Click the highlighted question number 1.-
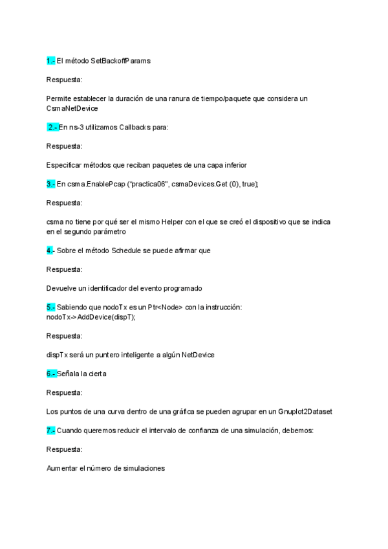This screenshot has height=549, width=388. click(x=51, y=60)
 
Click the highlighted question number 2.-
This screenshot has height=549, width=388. click(x=52, y=127)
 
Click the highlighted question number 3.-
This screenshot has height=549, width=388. click(x=51, y=184)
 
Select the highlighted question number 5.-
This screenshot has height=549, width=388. click(x=51, y=307)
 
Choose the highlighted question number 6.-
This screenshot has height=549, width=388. click(x=51, y=374)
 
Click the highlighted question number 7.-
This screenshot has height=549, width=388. click(x=51, y=430)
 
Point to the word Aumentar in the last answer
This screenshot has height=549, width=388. click(x=62, y=468)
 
